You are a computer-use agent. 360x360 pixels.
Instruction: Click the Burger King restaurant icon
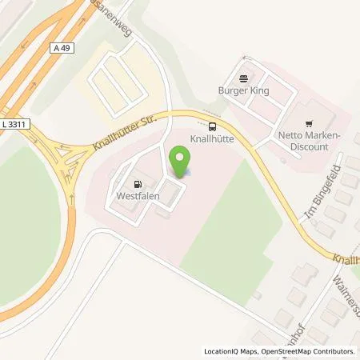coord(243,78)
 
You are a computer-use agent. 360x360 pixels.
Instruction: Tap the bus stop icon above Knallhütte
coord(212,126)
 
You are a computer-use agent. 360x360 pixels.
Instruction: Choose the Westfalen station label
coord(136,194)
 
